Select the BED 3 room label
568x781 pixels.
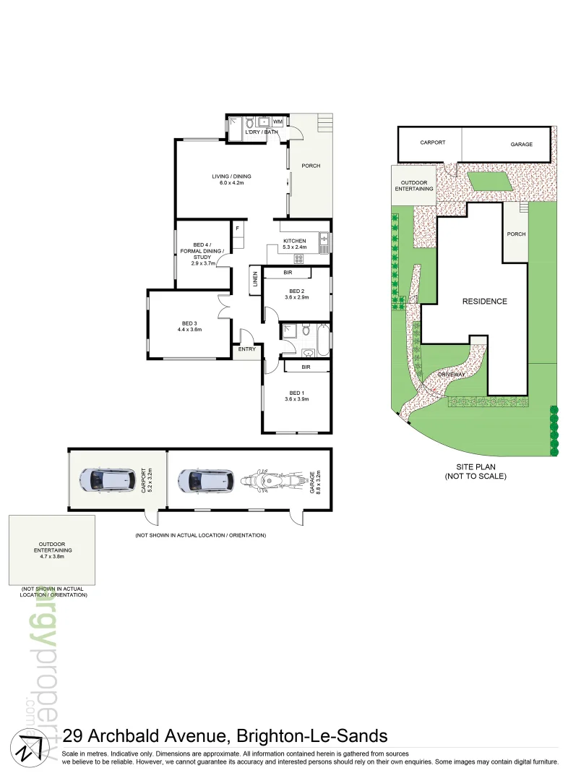(189, 325)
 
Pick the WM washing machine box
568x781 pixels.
(277, 122)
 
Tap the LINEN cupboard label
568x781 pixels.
(254, 281)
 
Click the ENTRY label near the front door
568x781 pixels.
(246, 350)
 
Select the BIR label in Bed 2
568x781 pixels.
(288, 273)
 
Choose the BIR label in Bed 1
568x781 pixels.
(306, 367)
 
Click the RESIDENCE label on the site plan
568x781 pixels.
(484, 302)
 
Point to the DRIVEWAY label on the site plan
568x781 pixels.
(449, 375)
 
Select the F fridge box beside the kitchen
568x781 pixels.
(236, 228)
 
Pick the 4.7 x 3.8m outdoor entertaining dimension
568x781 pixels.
(51, 557)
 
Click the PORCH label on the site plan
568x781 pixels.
(516, 234)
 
